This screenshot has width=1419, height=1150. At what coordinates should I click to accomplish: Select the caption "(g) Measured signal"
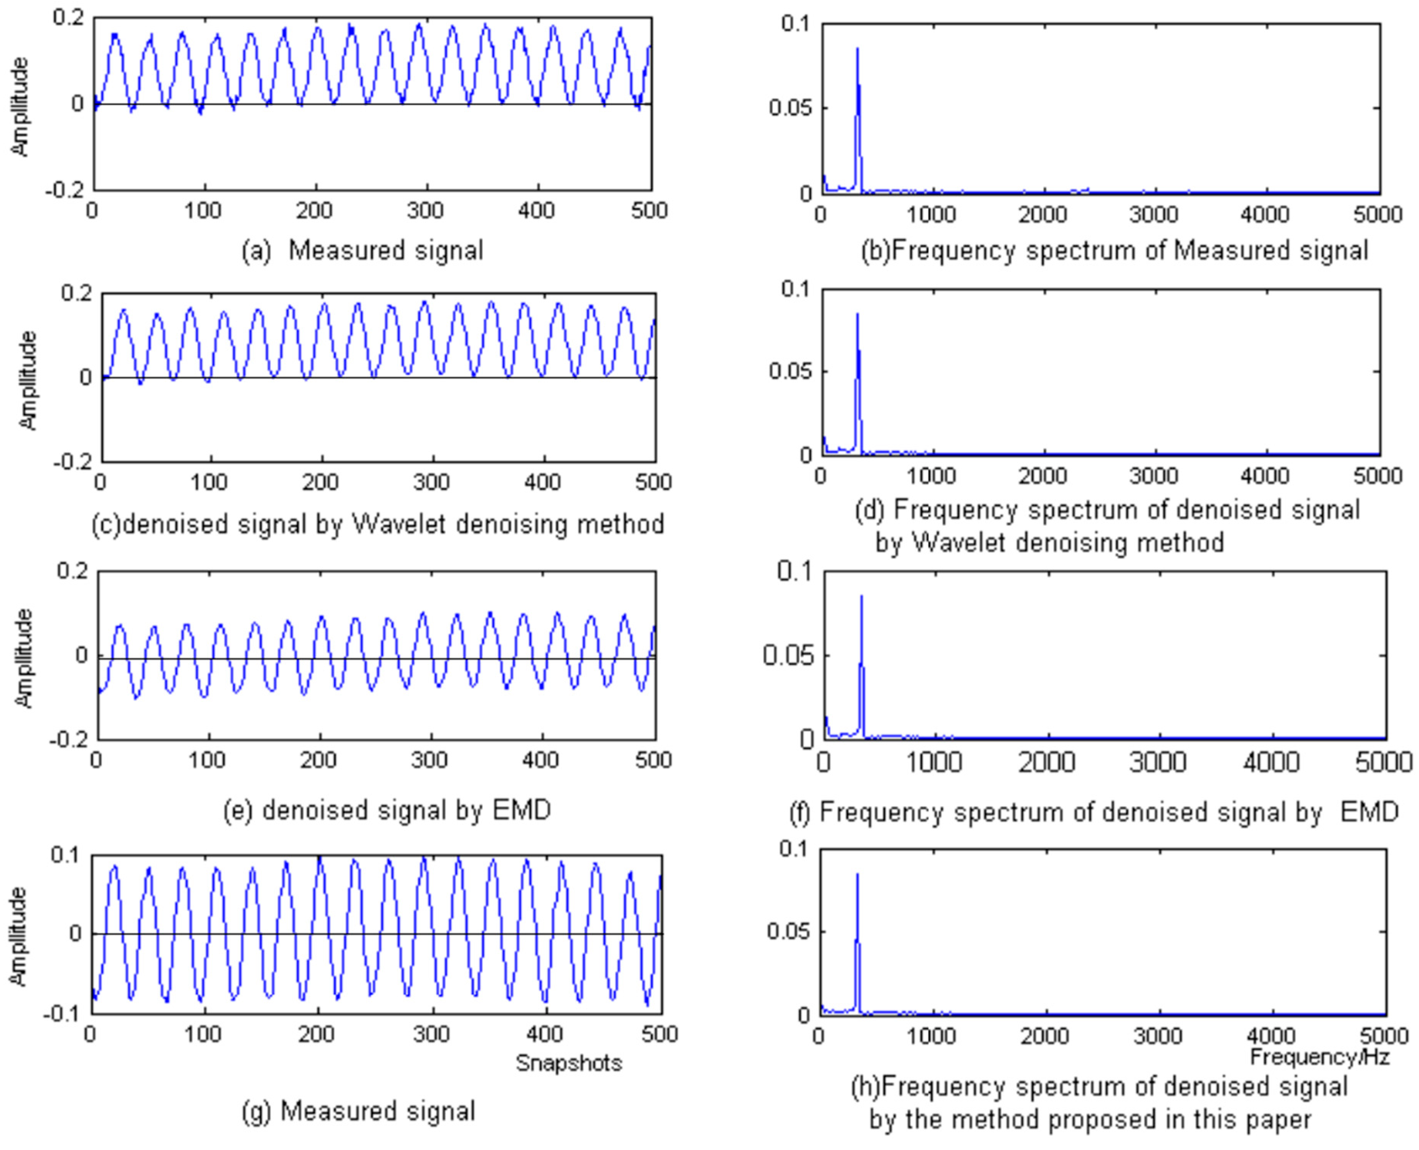(x=358, y=1111)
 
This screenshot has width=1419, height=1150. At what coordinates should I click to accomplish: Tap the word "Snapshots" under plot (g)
(x=569, y=1062)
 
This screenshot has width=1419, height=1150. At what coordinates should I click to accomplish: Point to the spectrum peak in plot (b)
(x=857, y=49)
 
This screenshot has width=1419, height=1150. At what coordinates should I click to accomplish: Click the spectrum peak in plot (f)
(x=861, y=596)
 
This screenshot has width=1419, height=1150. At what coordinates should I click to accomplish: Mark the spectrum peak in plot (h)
(x=857, y=874)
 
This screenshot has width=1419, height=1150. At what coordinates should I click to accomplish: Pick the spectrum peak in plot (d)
(x=857, y=315)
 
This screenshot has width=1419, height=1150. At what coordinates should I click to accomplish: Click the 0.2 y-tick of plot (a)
(x=68, y=18)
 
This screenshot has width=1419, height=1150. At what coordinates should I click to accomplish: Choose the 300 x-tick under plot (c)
(x=431, y=482)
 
